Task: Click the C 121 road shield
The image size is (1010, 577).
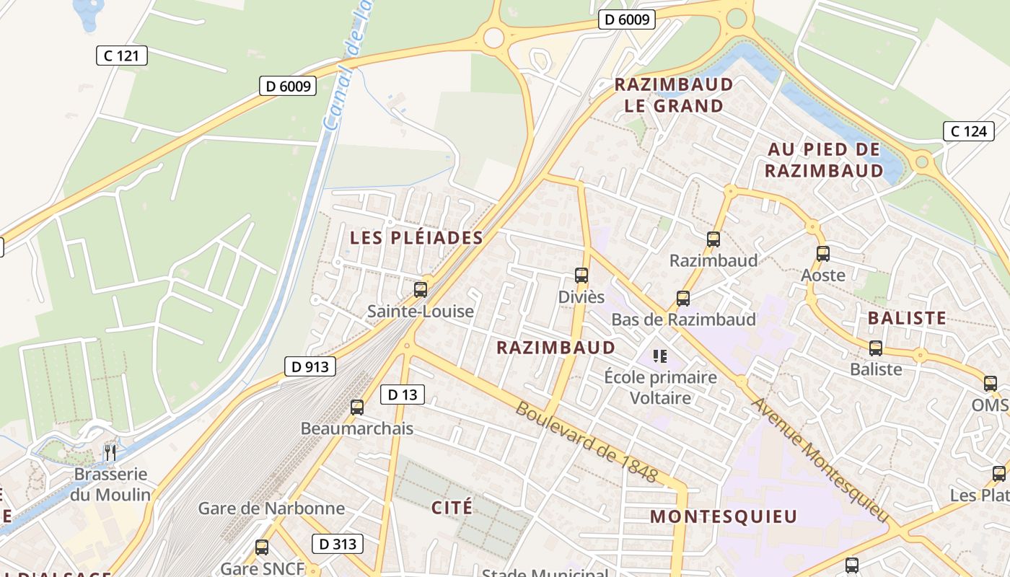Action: [122, 56]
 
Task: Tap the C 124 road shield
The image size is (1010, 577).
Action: [969, 131]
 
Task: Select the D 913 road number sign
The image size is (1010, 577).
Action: [310, 366]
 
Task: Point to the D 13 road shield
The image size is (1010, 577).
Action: [403, 395]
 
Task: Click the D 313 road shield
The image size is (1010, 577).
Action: [338, 544]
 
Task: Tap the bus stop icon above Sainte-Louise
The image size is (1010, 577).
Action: [421, 290]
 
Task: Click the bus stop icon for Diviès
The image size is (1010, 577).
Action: [581, 275]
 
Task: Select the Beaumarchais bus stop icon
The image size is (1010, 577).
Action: [356, 407]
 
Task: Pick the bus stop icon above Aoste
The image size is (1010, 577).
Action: [822, 253]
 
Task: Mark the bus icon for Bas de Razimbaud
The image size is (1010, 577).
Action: [682, 298]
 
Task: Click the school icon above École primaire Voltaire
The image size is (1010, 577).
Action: [659, 356]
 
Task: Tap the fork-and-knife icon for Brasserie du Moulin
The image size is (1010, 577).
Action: [110, 452]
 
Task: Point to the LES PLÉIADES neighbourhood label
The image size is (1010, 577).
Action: [416, 237]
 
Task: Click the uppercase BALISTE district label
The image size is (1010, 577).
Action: [907, 318]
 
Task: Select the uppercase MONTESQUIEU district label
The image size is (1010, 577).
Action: [724, 516]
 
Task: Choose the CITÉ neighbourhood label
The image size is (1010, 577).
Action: [452, 507]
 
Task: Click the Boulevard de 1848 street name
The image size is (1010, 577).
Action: [587, 442]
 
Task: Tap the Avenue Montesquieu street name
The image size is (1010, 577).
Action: [820, 459]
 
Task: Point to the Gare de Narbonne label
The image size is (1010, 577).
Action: [271, 508]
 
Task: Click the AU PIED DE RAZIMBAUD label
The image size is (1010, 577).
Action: [824, 160]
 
